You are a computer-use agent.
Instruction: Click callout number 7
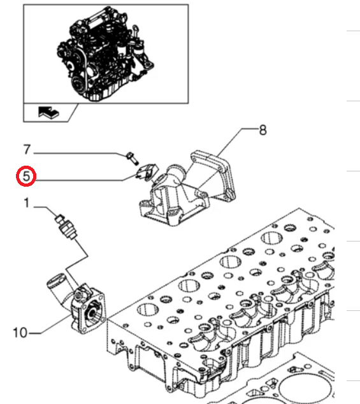[27, 150]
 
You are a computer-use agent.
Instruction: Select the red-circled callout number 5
[26, 177]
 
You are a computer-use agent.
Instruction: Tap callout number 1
[27, 203]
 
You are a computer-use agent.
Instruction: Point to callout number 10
[20, 333]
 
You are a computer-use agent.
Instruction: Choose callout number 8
[263, 130]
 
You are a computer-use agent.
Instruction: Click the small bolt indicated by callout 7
[132, 159]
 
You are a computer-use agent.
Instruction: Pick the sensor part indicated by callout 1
[66, 227]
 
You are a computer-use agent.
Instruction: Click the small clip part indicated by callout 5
[147, 172]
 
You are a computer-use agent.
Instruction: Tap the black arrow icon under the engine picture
[48, 113]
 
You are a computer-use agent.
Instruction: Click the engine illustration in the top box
[105, 55]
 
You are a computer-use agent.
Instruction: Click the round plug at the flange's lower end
[230, 194]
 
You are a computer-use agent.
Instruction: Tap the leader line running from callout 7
[80, 154]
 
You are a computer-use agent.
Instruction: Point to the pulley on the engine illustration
[77, 83]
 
